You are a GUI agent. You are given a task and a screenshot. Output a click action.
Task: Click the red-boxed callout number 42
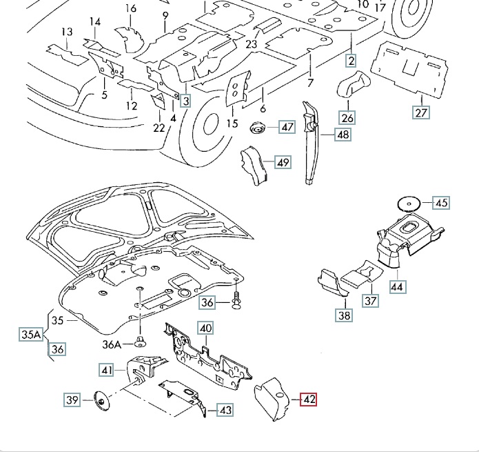tap(308, 400)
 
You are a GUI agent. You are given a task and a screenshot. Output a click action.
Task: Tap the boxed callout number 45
tap(441, 203)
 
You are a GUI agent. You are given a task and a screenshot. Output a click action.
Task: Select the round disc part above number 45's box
tap(409, 203)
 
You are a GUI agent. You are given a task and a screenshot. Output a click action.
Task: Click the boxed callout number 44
tap(397, 286)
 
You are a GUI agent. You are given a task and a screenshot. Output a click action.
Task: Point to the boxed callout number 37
tap(371, 301)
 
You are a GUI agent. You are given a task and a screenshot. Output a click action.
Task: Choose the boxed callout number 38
tap(344, 316)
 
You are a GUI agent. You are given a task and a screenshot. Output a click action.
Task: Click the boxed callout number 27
tap(421, 112)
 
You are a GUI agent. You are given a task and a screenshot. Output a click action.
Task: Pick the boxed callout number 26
tap(347, 118)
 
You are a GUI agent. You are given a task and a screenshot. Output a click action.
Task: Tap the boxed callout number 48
tap(343, 135)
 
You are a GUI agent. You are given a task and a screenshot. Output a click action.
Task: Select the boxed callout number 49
tap(283, 163)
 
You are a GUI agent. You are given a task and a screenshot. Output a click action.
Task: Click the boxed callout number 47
tap(287, 127)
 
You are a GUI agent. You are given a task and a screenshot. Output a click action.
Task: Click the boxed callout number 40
tap(206, 329)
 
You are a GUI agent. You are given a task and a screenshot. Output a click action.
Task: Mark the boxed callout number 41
tap(106, 371)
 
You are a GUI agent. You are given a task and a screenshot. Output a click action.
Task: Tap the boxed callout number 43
tap(225, 410)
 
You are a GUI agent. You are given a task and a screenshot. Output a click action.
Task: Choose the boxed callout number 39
tap(72, 400)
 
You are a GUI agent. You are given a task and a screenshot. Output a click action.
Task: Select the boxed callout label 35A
tap(30, 335)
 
